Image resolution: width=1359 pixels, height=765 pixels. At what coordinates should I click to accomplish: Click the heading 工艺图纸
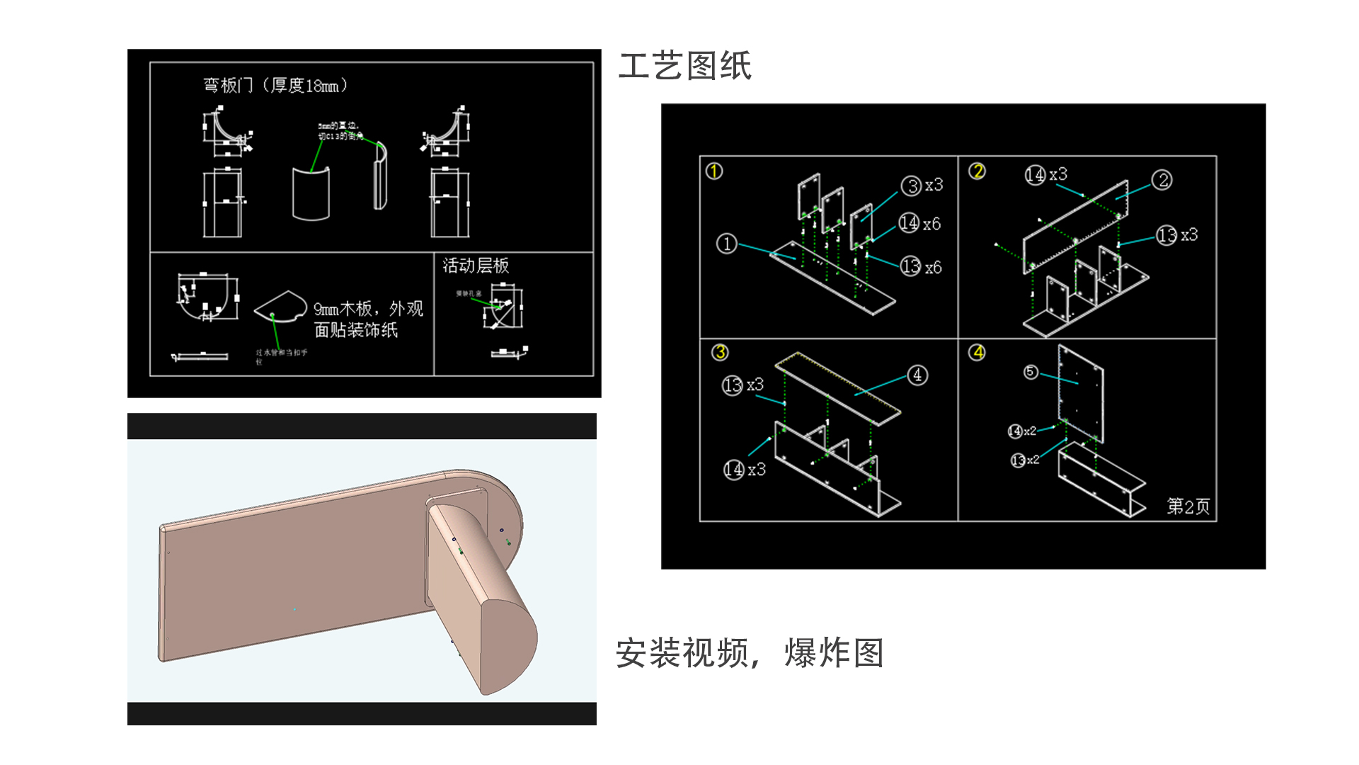684,66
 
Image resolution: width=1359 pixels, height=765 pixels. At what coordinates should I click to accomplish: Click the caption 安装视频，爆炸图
749,652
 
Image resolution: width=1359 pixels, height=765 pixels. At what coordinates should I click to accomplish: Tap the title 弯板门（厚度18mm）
275,86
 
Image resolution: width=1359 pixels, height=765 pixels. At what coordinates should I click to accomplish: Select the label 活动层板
476,266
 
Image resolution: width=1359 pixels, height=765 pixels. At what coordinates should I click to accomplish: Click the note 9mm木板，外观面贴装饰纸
367,319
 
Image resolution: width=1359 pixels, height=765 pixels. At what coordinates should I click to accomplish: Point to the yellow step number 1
714,171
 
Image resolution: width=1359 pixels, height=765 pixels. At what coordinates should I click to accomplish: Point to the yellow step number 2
977,171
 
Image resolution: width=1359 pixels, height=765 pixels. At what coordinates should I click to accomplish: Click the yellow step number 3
720,352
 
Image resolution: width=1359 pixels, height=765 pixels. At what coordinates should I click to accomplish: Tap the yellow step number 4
977,352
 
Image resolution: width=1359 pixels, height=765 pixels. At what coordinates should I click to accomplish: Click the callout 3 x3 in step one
922,186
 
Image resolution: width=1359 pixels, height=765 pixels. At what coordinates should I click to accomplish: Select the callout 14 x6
919,224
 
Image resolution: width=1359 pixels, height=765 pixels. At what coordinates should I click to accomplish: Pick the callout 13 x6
921,267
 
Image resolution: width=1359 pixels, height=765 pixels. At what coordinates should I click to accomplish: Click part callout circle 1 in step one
726,244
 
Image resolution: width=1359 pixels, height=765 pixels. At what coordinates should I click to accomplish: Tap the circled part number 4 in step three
917,375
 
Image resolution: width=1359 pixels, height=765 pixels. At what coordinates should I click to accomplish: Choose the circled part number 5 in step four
1031,373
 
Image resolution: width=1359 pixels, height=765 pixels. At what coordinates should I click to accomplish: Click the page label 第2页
1188,506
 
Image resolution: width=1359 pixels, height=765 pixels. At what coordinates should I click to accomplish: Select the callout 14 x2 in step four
1022,431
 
